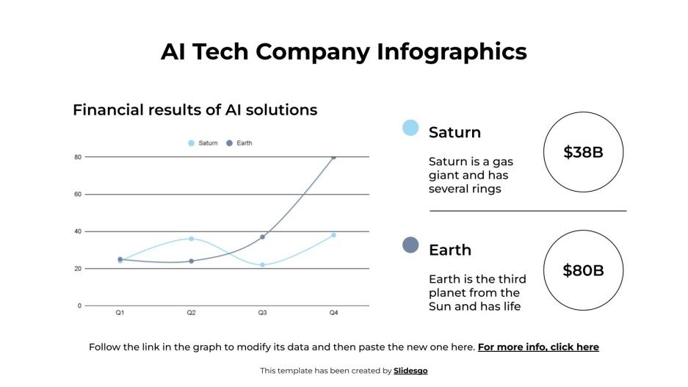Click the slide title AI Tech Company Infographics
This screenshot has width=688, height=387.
point(344,51)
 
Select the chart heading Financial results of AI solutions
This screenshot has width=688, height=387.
point(195,110)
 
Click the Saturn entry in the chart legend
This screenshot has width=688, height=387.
point(203,143)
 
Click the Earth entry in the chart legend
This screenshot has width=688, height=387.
point(240,143)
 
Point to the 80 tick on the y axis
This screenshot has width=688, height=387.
point(77,157)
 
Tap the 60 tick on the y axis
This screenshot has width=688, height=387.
point(77,195)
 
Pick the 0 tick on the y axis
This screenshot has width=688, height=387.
point(79,305)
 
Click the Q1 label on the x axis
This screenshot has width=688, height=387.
point(120,313)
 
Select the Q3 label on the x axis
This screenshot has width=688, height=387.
point(262,313)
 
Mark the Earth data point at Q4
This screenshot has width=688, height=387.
point(333,157)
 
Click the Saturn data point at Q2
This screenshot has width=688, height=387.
point(191,239)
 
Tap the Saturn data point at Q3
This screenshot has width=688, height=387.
point(262,264)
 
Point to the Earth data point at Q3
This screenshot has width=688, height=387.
point(262,237)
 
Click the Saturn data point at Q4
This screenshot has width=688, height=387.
point(333,235)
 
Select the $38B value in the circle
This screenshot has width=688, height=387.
point(583,153)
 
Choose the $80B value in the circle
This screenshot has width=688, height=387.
point(583,270)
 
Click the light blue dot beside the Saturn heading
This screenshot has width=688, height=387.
point(410,128)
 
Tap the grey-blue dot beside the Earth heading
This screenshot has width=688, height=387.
point(410,245)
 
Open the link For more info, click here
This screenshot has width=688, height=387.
point(538,347)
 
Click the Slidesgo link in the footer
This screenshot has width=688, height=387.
point(410,371)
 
